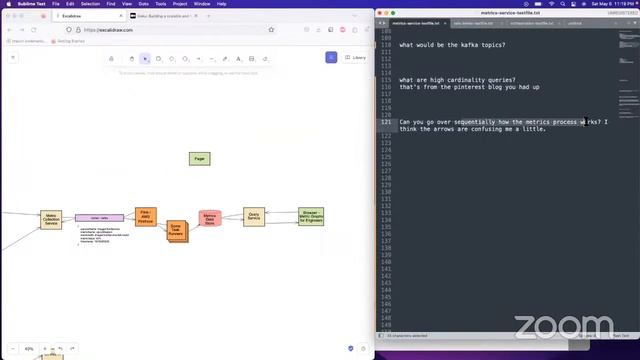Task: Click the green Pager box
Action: point(199,158)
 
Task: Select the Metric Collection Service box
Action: point(51,218)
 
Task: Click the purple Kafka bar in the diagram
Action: point(99,217)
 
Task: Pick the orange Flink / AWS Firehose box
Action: point(146,216)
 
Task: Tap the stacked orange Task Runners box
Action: point(176,231)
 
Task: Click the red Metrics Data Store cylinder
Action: point(210,219)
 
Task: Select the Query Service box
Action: point(254,216)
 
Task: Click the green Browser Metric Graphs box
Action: point(310,216)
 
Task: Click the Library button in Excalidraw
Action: point(355,58)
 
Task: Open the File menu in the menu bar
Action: point(55,4)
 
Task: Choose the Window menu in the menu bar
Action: point(202,4)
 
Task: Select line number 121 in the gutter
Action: point(386,121)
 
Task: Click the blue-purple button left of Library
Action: point(330,58)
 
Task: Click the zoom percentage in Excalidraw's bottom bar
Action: point(30,349)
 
